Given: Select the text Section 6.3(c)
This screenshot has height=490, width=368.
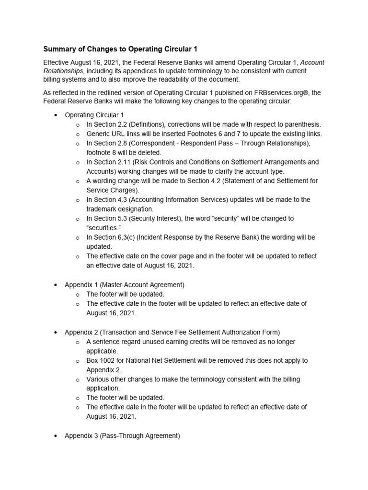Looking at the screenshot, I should (115, 237).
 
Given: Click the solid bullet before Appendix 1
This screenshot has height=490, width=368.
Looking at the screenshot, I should (56, 285).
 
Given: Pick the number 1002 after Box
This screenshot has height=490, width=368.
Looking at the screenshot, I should (108, 360).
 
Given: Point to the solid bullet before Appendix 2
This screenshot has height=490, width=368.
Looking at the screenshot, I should (56, 332).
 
